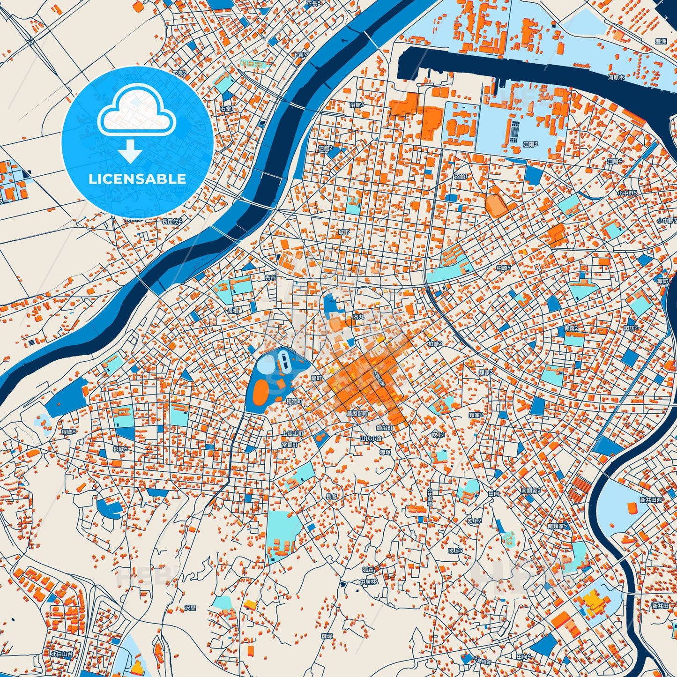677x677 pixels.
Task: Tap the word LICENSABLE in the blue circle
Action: (x=137, y=179)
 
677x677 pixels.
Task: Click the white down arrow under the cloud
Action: (x=130, y=152)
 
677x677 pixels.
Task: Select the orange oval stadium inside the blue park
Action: (x=260, y=392)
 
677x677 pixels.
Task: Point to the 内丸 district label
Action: (x=358, y=317)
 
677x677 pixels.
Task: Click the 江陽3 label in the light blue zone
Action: (x=530, y=144)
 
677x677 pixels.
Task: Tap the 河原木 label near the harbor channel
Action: (x=616, y=77)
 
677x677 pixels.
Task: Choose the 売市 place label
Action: (x=270, y=278)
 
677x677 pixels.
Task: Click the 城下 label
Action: (x=344, y=232)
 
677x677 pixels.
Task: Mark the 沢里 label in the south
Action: (x=190, y=608)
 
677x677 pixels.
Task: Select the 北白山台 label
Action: (x=62, y=654)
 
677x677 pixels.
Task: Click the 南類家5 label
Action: (x=557, y=526)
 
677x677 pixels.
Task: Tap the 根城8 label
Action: (x=68, y=432)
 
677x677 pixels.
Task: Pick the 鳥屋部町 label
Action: (x=357, y=414)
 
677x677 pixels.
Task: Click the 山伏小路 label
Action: (x=371, y=439)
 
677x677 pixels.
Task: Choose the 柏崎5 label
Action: (x=503, y=268)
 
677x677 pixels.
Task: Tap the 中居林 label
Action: (x=368, y=582)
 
